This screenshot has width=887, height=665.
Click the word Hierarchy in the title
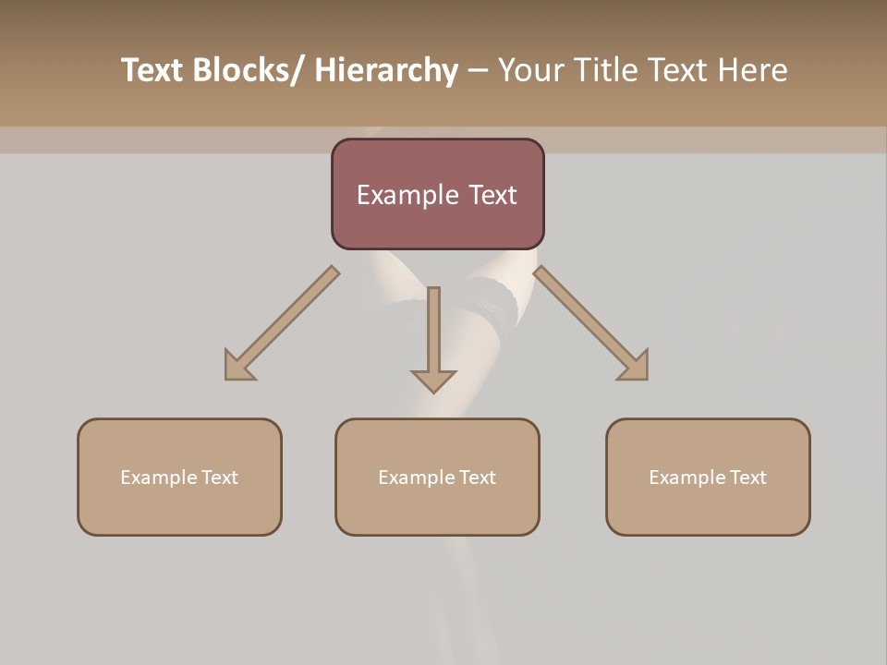(386, 70)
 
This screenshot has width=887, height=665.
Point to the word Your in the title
(528, 70)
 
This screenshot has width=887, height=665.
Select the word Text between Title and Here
(678, 70)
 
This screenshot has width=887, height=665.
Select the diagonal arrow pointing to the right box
(592, 324)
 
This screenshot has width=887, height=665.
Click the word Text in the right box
(747, 478)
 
